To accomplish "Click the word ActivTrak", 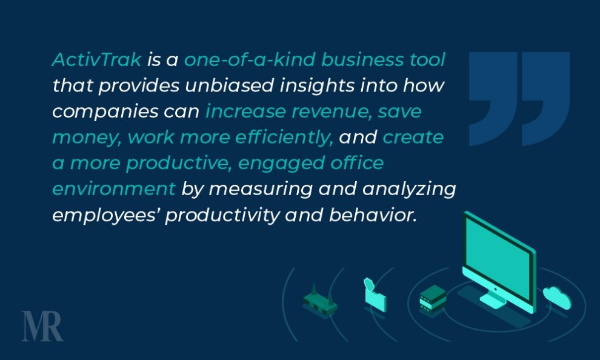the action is tap(97, 59).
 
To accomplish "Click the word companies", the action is tap(105, 112).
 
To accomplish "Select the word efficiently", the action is tap(284, 138).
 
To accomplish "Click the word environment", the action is tap(114, 189).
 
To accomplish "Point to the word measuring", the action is tap(261, 189).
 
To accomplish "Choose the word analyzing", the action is tap(409, 189).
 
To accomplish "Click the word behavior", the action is tap(372, 215).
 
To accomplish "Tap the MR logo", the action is tap(42, 326).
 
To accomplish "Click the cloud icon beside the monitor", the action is tap(557, 297).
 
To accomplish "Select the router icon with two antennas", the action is tap(319, 301).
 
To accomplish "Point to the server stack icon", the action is tap(433, 299).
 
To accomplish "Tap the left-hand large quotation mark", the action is tap(493, 99).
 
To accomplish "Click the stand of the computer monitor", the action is tap(494, 299).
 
